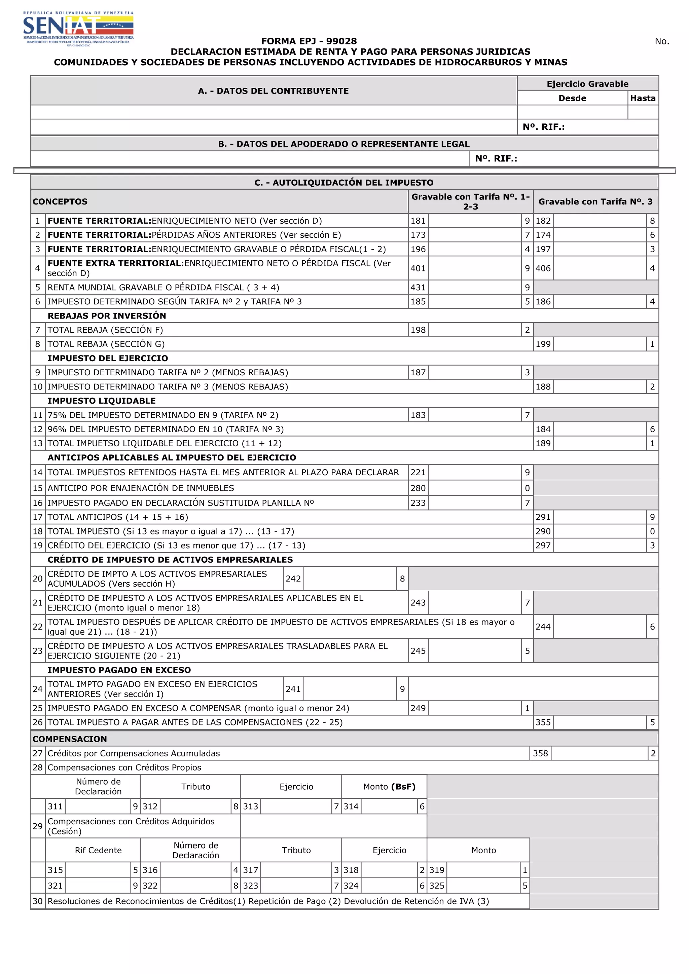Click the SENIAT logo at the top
point(78,28)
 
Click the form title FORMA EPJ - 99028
point(309,41)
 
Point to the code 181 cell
point(418,221)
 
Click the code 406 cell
point(543,268)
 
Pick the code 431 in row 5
point(418,288)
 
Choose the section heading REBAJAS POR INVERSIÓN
point(107,315)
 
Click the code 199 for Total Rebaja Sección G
point(543,344)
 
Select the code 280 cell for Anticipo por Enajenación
point(418,488)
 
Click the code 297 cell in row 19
point(543,546)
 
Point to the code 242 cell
point(293,578)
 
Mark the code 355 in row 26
point(543,722)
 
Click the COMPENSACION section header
point(70,739)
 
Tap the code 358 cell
point(541,753)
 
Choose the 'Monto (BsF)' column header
point(389,786)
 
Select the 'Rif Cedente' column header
point(98,850)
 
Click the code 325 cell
point(437,886)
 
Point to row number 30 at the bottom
point(38,901)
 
